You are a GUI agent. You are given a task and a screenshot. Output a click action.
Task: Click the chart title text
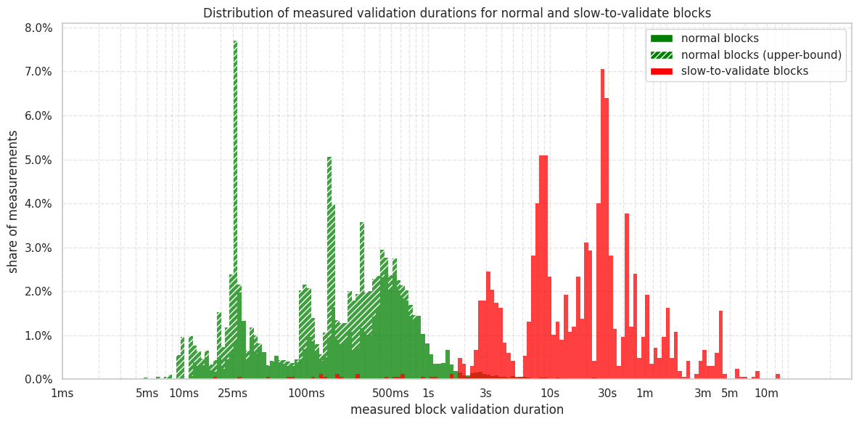[456, 13]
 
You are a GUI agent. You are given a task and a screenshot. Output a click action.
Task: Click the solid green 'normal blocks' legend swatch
[662, 38]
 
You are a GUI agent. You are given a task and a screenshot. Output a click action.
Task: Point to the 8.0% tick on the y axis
[38, 28]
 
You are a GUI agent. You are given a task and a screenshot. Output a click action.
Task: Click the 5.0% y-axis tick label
[38, 160]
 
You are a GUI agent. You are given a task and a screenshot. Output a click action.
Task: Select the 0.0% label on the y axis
[38, 380]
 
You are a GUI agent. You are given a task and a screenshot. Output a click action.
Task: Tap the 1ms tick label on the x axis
[62, 394]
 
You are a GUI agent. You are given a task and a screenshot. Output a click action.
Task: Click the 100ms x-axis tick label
[306, 394]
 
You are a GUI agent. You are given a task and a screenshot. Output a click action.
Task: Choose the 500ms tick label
[391, 394]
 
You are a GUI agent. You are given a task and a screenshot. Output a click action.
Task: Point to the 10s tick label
[550, 394]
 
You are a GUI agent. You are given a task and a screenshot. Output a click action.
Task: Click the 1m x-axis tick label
[644, 394]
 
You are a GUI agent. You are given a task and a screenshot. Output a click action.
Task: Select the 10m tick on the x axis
[766, 394]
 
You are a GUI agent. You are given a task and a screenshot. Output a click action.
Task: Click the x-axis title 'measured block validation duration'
[456, 409]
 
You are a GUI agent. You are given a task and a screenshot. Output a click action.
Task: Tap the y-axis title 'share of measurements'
[13, 202]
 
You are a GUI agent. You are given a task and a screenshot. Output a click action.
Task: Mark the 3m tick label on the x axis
[702, 394]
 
